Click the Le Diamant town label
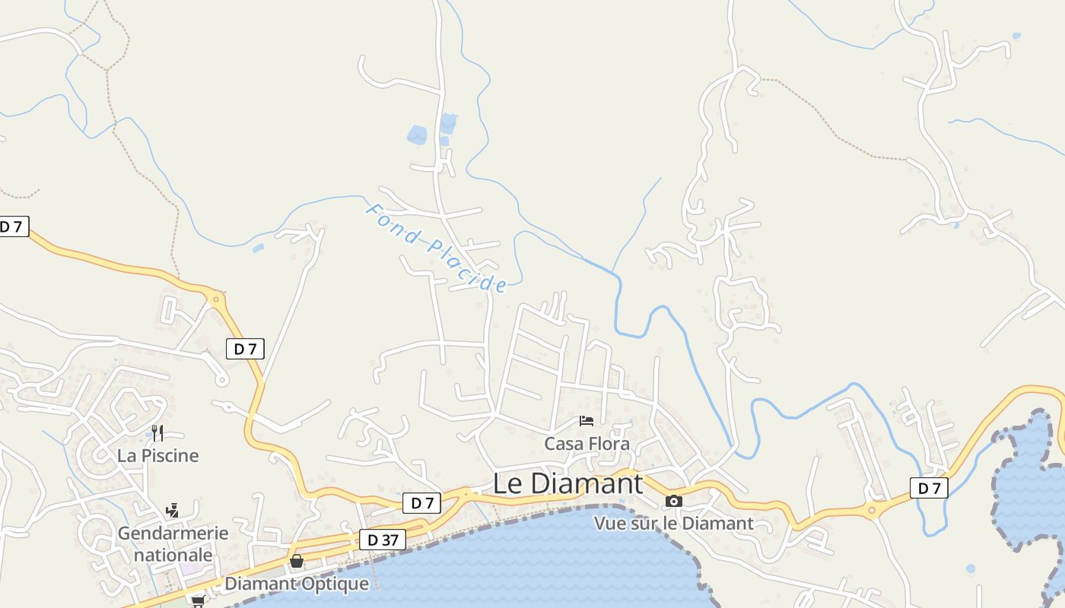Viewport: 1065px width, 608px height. coord(567,483)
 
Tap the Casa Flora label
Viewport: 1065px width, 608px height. coord(587,443)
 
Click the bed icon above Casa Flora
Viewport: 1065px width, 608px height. coord(586,420)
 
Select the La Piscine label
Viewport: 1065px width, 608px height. coord(157,455)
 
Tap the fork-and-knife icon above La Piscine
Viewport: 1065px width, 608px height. coord(157,433)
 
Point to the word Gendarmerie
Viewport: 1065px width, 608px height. coord(173,533)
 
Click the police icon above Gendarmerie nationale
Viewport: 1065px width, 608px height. coord(173,510)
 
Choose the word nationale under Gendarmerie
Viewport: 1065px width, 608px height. coord(173,555)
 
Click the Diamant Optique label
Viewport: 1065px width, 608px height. coord(297,584)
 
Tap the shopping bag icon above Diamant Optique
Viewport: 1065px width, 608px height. coord(297,561)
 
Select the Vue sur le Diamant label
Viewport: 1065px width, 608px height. coord(673,523)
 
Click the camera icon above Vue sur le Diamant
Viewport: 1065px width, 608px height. coord(673,501)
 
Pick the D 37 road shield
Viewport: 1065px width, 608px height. coord(383,540)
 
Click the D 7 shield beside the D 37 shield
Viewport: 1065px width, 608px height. coord(421,502)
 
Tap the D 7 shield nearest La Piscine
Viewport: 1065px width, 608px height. coord(245,349)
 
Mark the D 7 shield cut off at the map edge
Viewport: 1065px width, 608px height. coord(13,226)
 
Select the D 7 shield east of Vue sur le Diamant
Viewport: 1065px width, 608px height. coord(929,488)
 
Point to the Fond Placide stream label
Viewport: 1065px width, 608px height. coord(436,248)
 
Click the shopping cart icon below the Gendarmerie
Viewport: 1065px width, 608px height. coord(198,600)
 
